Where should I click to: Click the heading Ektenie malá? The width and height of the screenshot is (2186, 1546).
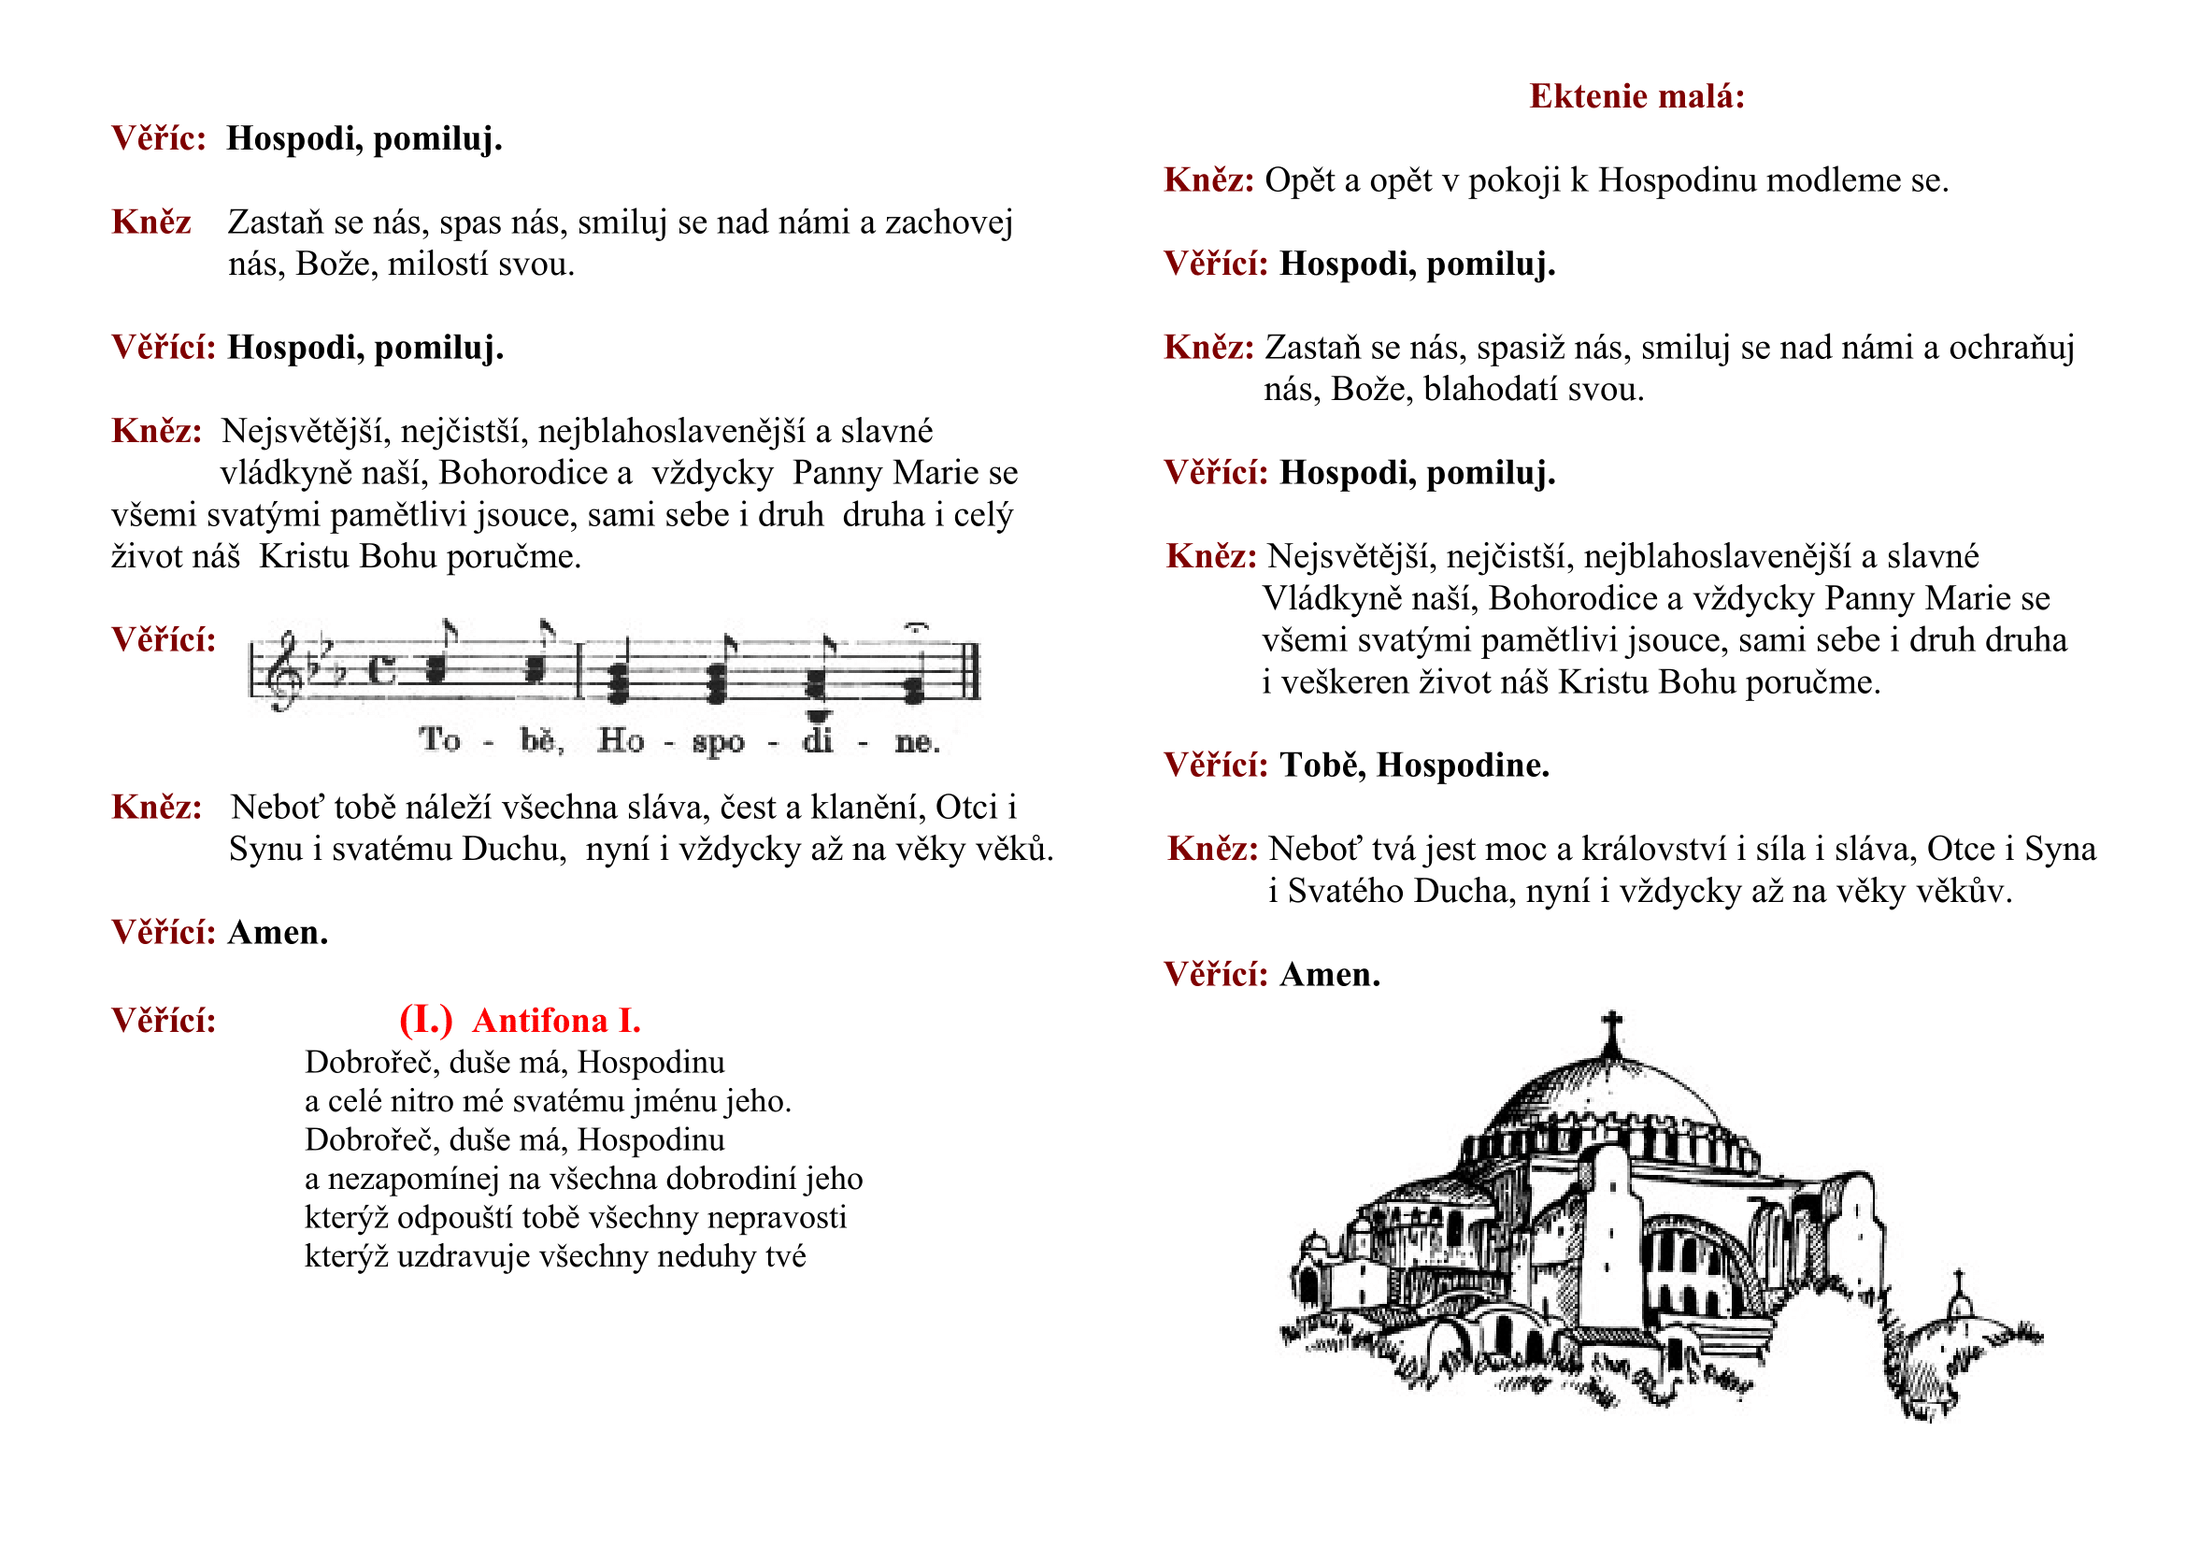coord(1636,96)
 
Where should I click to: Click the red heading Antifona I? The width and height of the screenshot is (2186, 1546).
coord(557,1021)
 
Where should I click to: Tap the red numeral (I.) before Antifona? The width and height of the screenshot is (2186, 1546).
coord(425,1021)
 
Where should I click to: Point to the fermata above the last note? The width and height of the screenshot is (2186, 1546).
coord(915,627)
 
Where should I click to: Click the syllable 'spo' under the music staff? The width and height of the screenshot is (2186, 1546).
coord(718,741)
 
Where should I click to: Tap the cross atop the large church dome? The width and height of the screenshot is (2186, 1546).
coord(1611,1028)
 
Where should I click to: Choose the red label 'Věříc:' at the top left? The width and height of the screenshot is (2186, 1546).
coord(158,139)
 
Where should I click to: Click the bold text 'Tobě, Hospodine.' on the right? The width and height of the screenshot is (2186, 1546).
coord(1414,766)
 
